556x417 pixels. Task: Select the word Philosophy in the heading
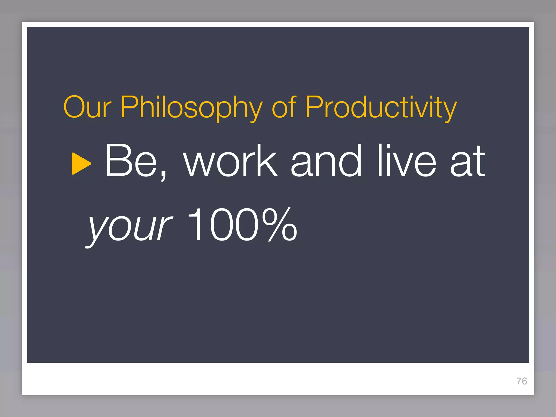click(x=192, y=108)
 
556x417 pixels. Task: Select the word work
click(x=231, y=161)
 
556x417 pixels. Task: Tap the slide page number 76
click(x=522, y=381)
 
